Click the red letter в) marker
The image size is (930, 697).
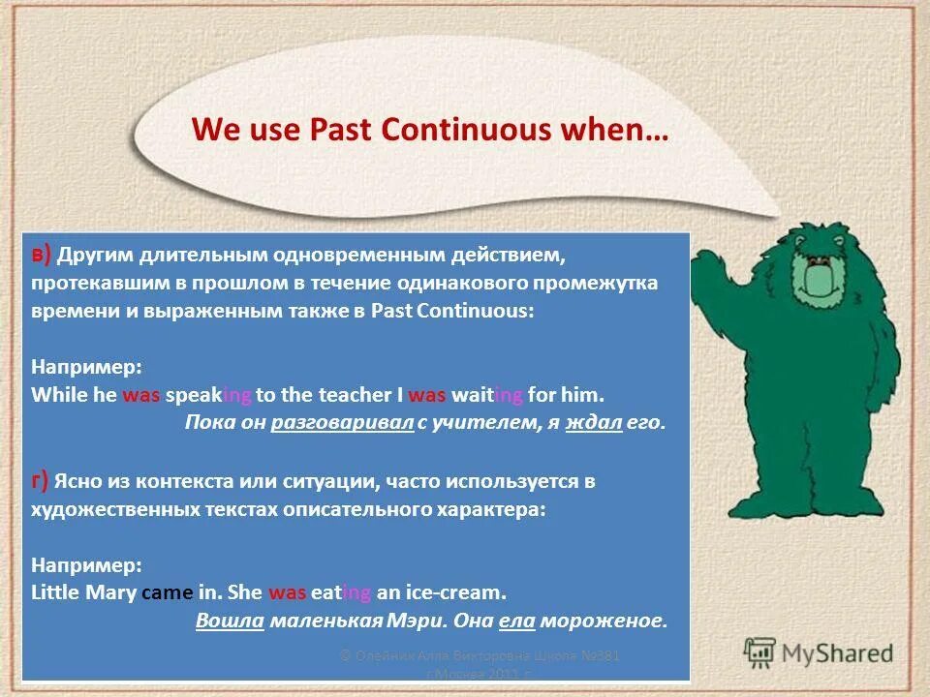pyautogui.click(x=41, y=255)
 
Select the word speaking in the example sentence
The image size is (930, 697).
pyautogui.click(x=208, y=395)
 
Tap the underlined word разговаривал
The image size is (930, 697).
pyautogui.click(x=343, y=423)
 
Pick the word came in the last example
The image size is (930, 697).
pyautogui.click(x=161, y=592)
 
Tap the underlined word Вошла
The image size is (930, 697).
pyautogui.click(x=230, y=621)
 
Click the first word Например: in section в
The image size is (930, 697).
pyautogui.click(x=86, y=368)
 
